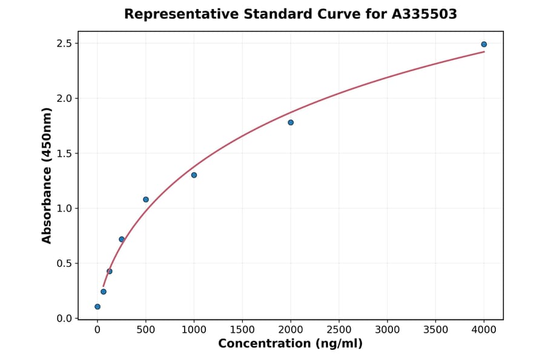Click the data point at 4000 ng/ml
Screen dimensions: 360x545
[x=484, y=44]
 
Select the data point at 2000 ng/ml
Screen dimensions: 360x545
[x=291, y=122]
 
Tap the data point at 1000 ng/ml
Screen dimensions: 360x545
[x=194, y=175]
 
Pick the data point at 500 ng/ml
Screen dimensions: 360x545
[x=146, y=199]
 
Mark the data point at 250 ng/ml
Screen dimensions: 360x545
[x=122, y=239]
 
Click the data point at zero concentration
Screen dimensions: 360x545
[x=97, y=307]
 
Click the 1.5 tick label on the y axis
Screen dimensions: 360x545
[x=65, y=153]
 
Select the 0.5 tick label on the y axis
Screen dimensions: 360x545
[x=65, y=264]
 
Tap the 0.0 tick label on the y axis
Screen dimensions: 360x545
[x=65, y=318]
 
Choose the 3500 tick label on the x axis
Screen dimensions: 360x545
[x=435, y=330]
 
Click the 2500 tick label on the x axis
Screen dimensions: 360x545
[x=339, y=330]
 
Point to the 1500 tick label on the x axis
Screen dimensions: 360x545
[x=242, y=330]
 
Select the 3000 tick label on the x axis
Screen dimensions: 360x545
[x=388, y=330]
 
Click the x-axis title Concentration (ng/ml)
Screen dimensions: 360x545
[x=290, y=344]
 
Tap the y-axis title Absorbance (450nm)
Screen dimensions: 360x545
[x=47, y=175]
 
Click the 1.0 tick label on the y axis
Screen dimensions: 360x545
[x=65, y=208]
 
